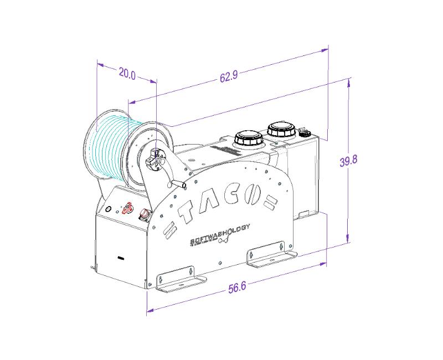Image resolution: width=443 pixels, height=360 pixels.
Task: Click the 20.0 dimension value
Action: pyautogui.click(x=127, y=74)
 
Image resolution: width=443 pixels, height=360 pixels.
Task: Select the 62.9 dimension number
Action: pyautogui.click(x=228, y=77)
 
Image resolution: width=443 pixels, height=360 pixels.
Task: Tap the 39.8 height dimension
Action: pyautogui.click(x=348, y=161)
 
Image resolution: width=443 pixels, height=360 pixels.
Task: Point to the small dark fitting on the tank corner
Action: pyautogui.click(x=303, y=132)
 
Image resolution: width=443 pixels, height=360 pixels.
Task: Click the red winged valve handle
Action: pyautogui.click(x=127, y=208)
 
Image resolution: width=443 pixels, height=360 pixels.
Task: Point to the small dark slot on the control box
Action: pyautogui.click(x=120, y=258)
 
